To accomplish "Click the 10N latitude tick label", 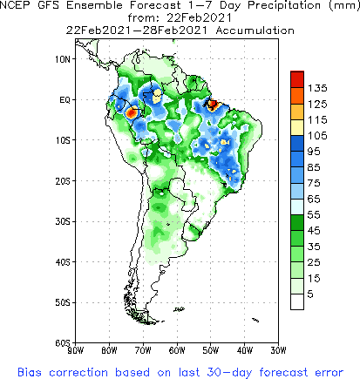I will click(63, 59).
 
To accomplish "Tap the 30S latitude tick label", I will click(63, 221).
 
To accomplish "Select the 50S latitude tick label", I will click(63, 302).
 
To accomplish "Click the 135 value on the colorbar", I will click(316, 88).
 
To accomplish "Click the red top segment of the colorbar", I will click(296, 78).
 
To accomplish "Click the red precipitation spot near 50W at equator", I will click(212, 104).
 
